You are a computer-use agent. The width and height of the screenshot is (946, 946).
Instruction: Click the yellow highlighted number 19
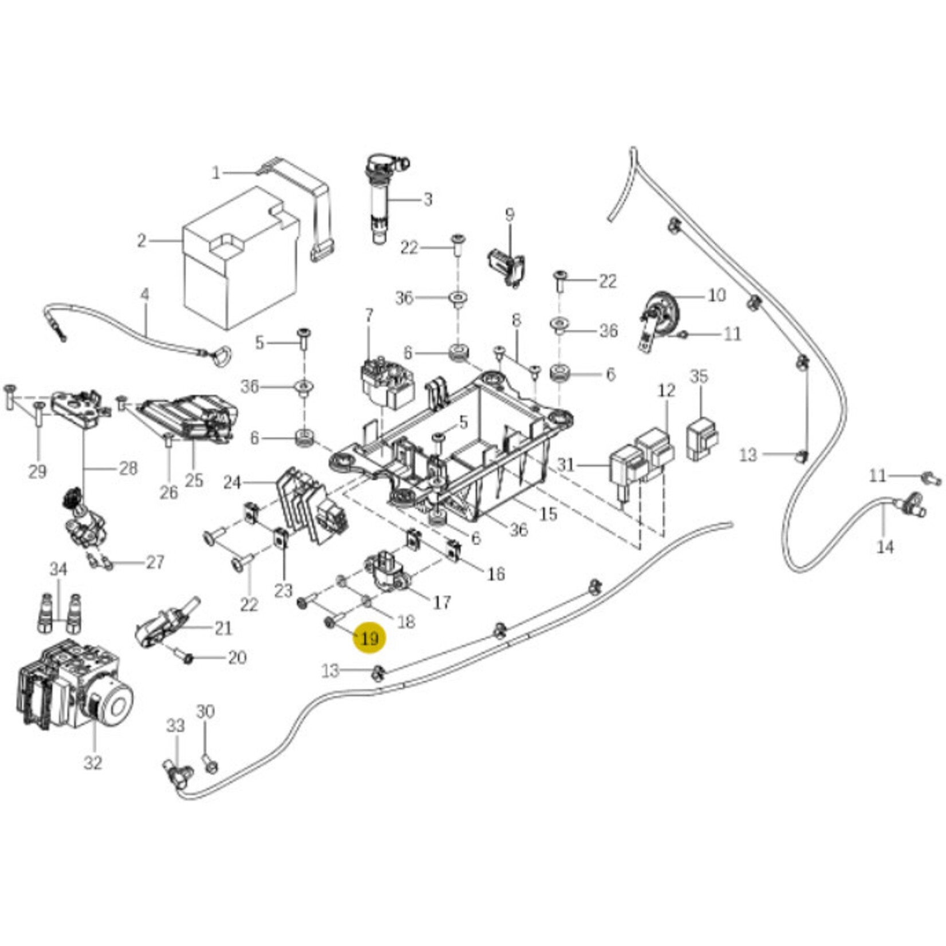(x=370, y=638)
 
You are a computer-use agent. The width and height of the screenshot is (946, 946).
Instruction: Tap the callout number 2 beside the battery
(x=141, y=241)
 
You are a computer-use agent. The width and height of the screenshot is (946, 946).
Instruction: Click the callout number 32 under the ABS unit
(x=93, y=763)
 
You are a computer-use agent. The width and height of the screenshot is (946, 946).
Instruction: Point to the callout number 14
(x=885, y=547)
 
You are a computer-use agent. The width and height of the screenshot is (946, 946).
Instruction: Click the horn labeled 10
(x=660, y=312)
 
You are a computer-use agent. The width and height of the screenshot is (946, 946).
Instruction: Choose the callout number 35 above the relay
(x=699, y=376)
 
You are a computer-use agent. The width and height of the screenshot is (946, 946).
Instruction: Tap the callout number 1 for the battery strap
(x=216, y=172)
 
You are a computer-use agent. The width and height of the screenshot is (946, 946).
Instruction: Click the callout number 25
(x=194, y=480)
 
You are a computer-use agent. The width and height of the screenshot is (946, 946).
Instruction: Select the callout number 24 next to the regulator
(x=232, y=483)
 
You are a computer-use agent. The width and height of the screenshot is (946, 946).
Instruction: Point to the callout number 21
(x=223, y=628)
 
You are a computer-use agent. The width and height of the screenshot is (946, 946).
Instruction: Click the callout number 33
(x=175, y=726)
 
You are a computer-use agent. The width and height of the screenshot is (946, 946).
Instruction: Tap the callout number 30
(x=205, y=711)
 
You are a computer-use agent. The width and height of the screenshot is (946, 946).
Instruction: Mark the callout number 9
(x=510, y=215)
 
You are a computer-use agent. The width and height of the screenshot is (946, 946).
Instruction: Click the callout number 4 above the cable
(x=145, y=295)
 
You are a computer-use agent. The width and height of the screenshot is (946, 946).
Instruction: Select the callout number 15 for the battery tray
(x=548, y=514)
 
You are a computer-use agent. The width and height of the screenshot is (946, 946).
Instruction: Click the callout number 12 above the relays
(x=667, y=391)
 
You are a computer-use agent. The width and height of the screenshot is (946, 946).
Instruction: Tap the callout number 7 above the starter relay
(x=369, y=314)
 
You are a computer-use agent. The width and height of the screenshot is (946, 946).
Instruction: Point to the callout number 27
(x=155, y=562)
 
